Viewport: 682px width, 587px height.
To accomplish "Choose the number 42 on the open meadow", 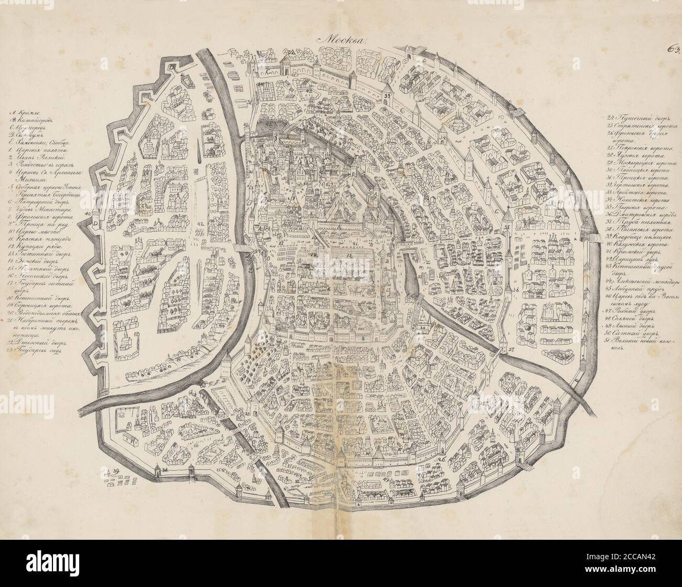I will click(x=200, y=224).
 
